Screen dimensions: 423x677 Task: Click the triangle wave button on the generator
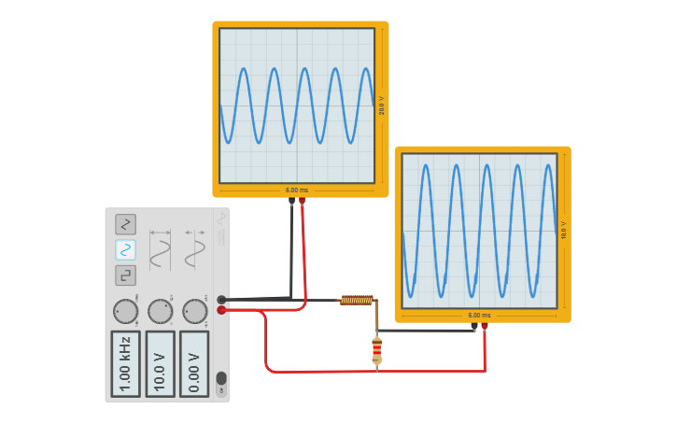coord(125,224)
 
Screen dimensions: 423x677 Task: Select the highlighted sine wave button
coord(125,249)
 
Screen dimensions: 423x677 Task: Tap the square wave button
coord(125,275)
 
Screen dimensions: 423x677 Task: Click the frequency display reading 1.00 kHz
coord(125,363)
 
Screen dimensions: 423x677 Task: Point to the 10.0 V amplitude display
coord(160,363)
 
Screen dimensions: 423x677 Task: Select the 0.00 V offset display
coord(194,363)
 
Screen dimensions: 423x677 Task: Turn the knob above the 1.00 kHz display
coord(125,311)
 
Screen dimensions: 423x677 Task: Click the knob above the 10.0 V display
coord(160,311)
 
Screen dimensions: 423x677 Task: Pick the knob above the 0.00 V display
coord(194,311)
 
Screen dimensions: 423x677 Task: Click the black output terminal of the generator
coord(221,300)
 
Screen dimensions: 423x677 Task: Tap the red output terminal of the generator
coord(221,310)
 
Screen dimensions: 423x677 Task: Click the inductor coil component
coord(357,300)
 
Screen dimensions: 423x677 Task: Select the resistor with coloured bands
coord(376,350)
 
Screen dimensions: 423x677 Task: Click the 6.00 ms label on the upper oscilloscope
coord(297,190)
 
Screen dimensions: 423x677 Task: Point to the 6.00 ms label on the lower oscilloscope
coord(479,316)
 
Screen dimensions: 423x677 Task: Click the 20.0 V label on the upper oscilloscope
coord(382,106)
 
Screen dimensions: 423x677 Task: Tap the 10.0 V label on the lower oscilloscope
coord(564,230)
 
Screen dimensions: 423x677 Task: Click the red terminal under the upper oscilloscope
coord(302,201)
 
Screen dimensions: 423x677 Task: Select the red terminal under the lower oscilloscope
coord(484,326)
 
